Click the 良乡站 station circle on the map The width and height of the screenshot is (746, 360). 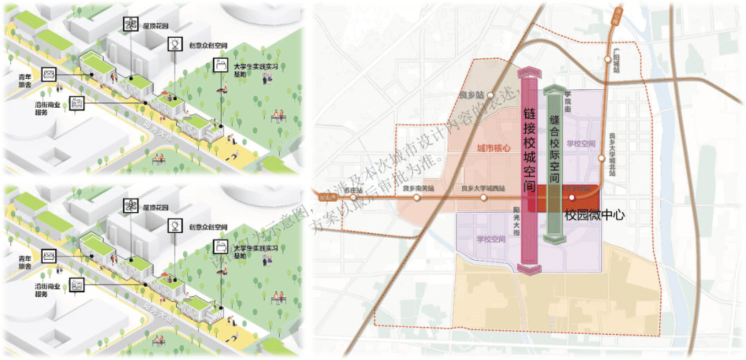coord(490,95)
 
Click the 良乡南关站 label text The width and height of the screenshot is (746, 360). coord(419,188)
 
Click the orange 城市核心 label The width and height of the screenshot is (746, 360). coord(493,148)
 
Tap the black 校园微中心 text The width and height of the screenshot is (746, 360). coord(594,215)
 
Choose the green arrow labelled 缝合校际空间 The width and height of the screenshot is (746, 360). coord(554,164)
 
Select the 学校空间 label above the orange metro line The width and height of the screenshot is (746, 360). coord(580,144)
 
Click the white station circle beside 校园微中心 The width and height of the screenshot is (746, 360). coord(571,198)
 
